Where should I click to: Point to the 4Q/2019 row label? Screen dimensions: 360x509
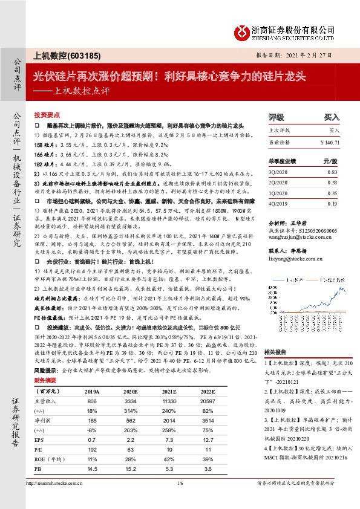pos(277,204)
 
